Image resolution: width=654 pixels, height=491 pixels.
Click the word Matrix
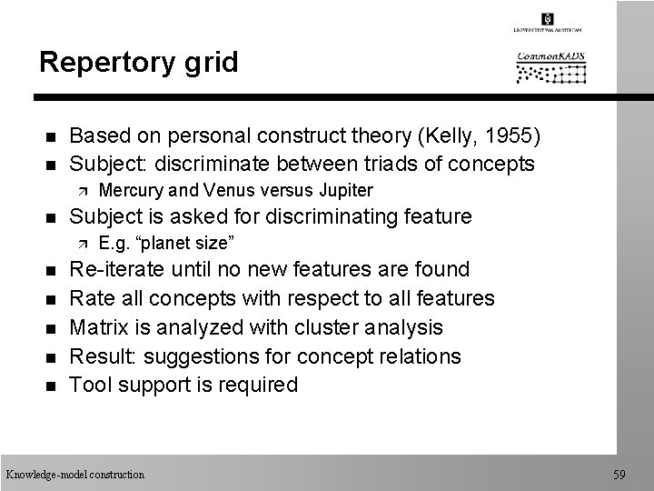tap(100, 326)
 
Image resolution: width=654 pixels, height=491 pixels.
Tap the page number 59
tap(619, 473)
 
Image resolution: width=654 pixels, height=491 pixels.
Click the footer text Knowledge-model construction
tap(75, 474)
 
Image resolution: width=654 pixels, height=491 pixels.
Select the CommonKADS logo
tap(551, 66)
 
